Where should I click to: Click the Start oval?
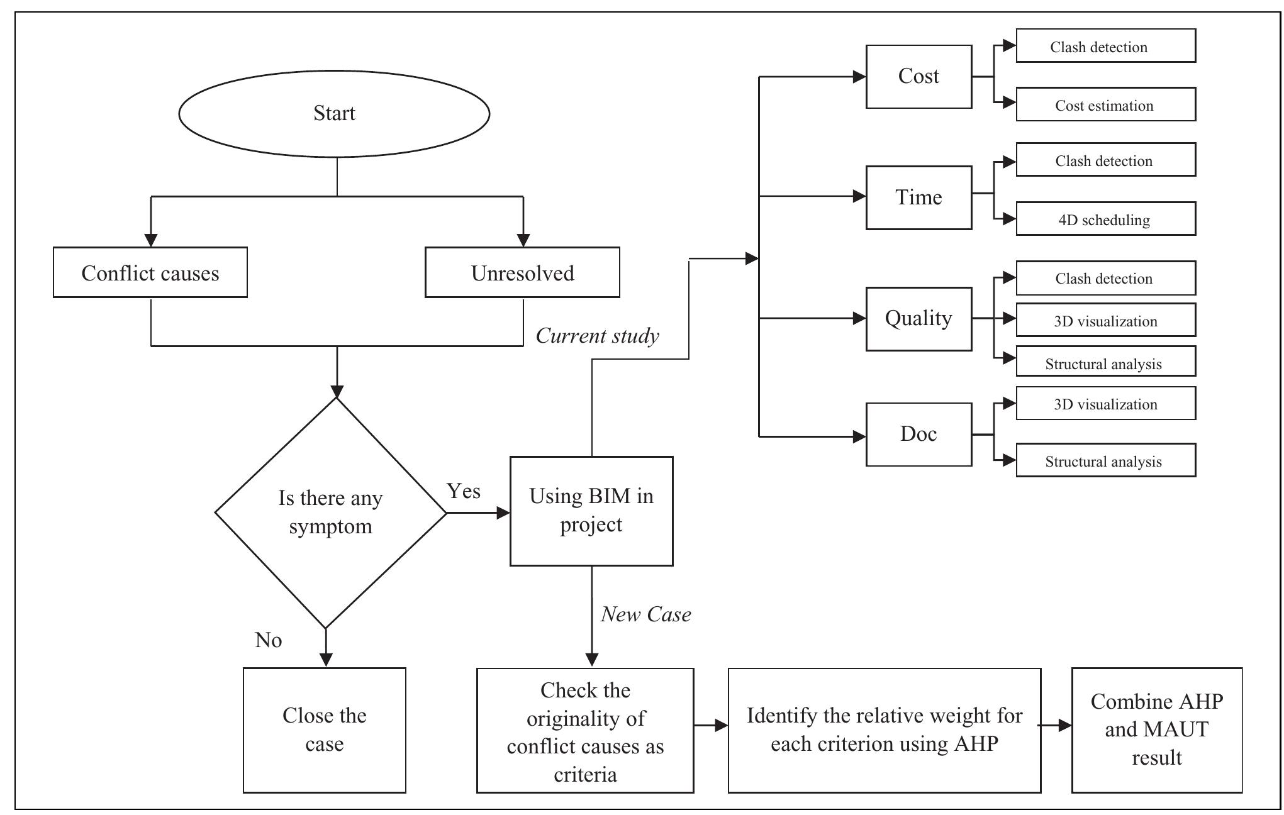tap(334, 114)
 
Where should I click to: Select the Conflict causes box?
tap(150, 272)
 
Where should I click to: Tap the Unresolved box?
tap(522, 272)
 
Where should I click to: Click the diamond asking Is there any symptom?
tap(331, 513)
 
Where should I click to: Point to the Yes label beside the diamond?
tap(464, 491)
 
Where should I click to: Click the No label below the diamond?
tap(268, 640)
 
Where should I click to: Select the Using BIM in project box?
tap(591, 511)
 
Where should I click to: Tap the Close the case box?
tap(325, 730)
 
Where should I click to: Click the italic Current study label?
tap(597, 336)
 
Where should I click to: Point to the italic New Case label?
tap(645, 614)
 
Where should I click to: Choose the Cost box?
tap(918, 77)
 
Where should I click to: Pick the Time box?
tap(918, 197)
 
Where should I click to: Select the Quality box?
tap(918, 319)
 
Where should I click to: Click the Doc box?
tap(918, 434)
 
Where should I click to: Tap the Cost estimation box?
tap(1105, 104)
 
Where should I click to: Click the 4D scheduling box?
tap(1105, 219)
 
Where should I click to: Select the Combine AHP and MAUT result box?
tap(1157, 730)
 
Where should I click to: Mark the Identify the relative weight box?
tap(885, 730)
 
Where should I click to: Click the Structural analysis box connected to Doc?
tap(1105, 460)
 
